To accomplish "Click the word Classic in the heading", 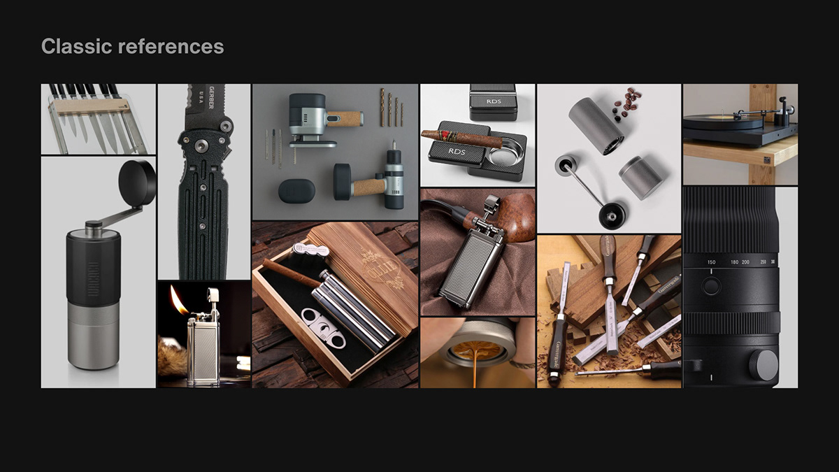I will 76,46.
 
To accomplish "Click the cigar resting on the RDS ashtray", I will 461,138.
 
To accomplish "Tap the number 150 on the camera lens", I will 711,262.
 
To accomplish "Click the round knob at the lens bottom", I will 763,364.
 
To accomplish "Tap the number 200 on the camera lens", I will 745,262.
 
